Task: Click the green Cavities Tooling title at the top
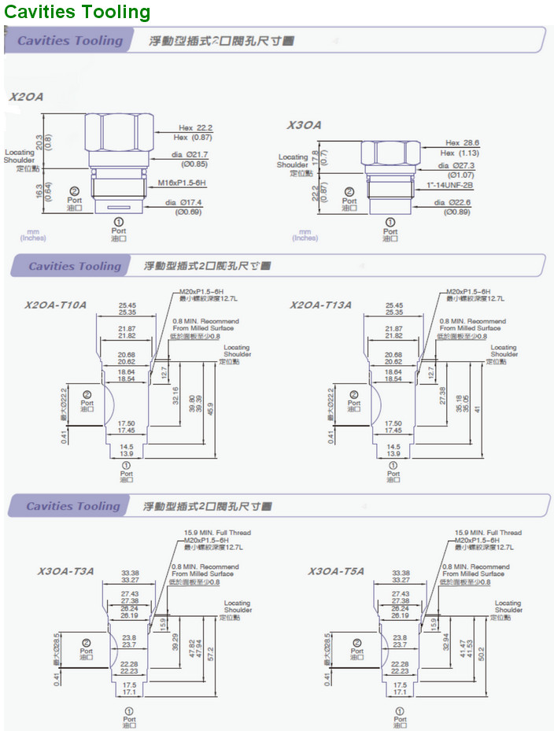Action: [77, 12]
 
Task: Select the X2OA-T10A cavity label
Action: [55, 305]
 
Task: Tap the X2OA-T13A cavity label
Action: [320, 305]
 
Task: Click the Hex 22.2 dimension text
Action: [196, 127]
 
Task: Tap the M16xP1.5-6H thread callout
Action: [182, 182]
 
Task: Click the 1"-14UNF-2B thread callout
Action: [448, 185]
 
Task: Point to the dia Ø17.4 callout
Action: [183, 202]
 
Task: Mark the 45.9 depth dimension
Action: [210, 409]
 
